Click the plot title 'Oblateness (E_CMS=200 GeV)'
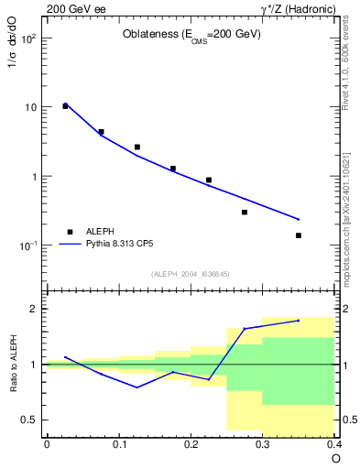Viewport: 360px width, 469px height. [191, 35]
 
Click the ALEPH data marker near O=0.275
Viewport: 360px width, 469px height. [245, 212]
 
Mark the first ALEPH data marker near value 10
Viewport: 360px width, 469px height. [65, 106]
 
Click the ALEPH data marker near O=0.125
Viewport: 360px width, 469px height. [136, 147]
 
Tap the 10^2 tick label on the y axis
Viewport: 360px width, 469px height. [28, 38]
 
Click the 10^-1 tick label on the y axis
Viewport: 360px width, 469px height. [28, 245]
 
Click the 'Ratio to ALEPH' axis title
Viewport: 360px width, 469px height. [14, 364]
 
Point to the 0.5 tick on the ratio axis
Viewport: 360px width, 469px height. [30, 420]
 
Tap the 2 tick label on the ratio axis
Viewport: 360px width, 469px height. [35, 309]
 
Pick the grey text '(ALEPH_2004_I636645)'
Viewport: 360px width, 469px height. [191, 273]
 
